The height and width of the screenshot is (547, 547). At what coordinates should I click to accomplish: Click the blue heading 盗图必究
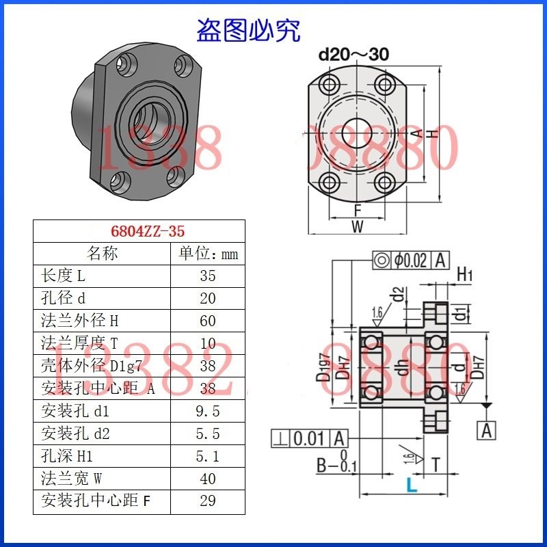[x=248, y=29]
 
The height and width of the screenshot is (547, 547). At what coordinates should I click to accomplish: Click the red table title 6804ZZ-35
[x=139, y=230]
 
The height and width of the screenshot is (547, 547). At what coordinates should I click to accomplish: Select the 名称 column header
[x=103, y=254]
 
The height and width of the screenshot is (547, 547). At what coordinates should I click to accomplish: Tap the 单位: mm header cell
[x=208, y=254]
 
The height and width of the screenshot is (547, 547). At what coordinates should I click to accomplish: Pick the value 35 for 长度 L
[x=208, y=276]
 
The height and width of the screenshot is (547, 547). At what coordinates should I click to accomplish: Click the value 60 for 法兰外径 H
[x=208, y=321]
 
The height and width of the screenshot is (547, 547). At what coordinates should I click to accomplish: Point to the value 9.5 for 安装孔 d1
[x=208, y=411]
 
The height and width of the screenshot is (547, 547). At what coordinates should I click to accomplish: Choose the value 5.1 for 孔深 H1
[x=208, y=456]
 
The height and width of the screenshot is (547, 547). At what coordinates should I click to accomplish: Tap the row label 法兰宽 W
[x=70, y=479]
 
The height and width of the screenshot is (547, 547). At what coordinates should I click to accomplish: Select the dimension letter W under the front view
[x=357, y=227]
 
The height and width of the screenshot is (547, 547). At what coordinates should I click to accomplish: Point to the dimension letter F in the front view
[x=357, y=210]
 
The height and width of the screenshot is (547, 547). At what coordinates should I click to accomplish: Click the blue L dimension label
[x=410, y=485]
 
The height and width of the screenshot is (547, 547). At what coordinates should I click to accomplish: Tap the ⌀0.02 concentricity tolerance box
[x=410, y=260]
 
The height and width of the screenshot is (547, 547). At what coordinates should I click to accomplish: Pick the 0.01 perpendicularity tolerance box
[x=310, y=438]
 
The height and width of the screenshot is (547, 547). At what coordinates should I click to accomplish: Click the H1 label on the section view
[x=465, y=275]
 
